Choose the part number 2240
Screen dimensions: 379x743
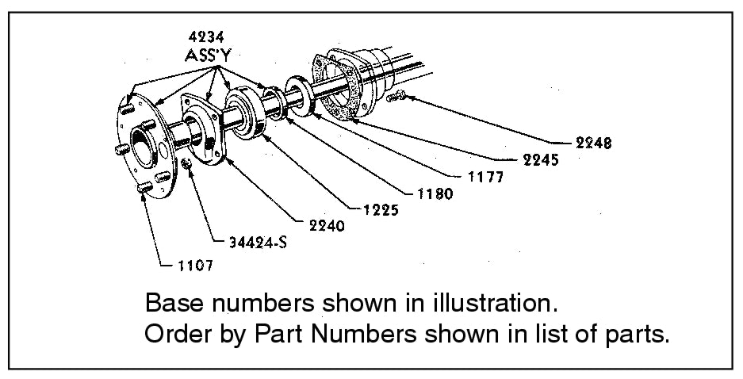pos(325,226)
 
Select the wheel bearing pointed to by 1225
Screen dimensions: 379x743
pos(248,116)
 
